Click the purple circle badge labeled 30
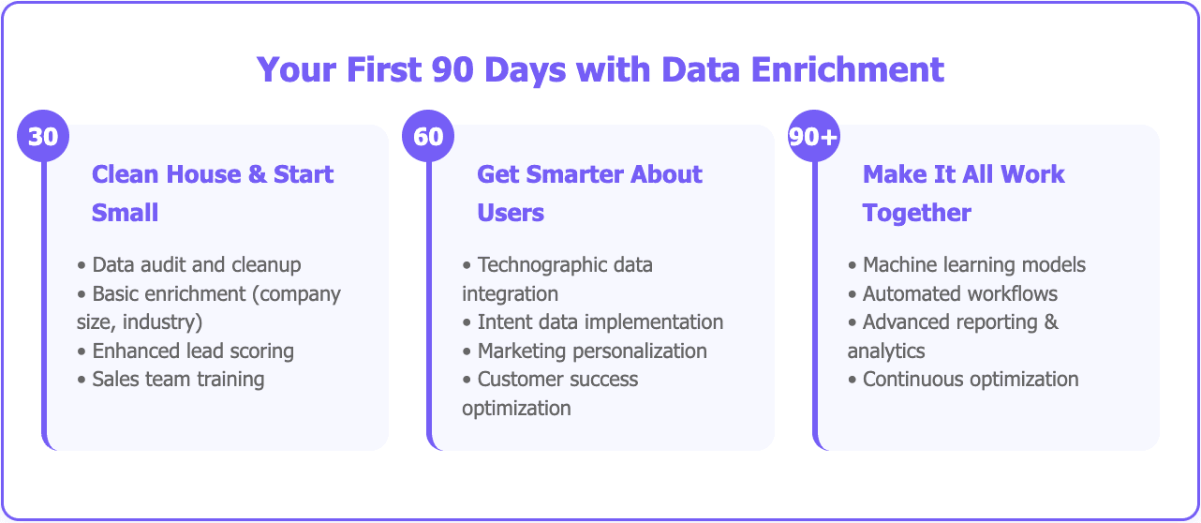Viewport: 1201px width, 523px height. tap(43, 137)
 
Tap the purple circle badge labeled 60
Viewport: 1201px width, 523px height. tap(428, 137)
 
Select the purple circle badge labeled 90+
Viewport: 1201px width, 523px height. tap(813, 137)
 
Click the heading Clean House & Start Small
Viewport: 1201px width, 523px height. tap(213, 193)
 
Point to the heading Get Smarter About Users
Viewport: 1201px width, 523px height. tap(589, 193)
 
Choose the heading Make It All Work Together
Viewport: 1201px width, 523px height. tap(963, 193)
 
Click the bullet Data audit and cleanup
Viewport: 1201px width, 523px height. tap(196, 265)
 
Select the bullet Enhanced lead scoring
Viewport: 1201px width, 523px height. tap(193, 351)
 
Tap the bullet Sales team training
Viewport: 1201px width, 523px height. tap(178, 380)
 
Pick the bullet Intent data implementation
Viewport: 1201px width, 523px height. tap(600, 322)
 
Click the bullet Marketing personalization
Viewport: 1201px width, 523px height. tap(592, 351)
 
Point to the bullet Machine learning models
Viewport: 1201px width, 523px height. tap(974, 265)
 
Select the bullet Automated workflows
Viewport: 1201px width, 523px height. tap(960, 294)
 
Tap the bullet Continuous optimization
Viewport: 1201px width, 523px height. tap(971, 380)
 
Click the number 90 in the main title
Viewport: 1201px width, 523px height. tap(451, 69)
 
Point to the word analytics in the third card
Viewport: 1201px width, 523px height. tap(886, 351)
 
